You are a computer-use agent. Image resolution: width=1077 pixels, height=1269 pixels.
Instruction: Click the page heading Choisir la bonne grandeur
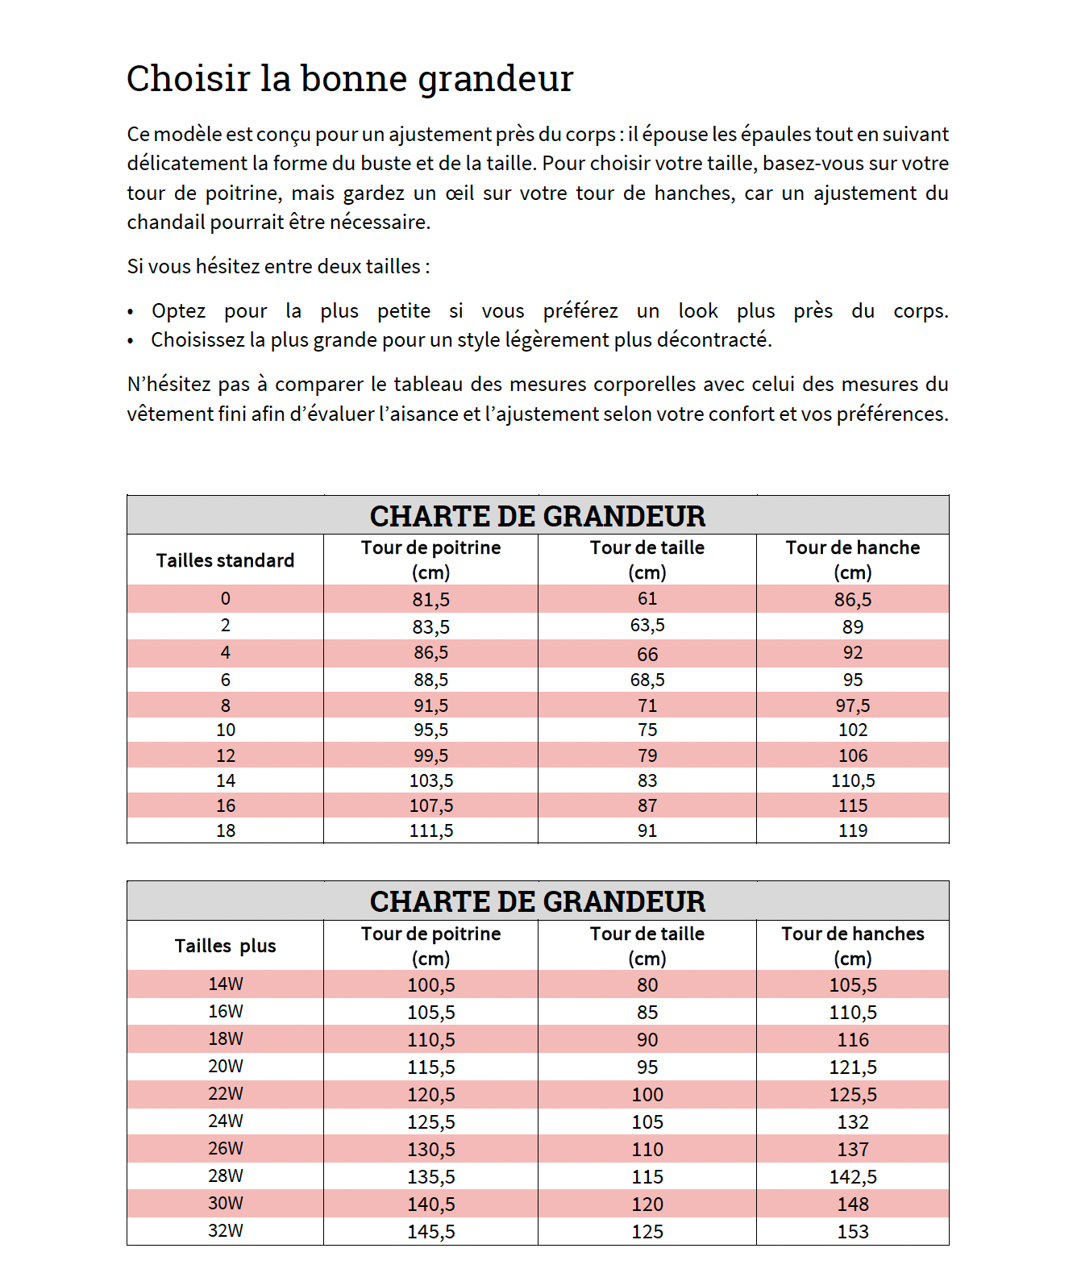(x=349, y=79)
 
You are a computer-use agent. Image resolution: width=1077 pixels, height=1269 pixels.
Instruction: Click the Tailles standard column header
(x=225, y=560)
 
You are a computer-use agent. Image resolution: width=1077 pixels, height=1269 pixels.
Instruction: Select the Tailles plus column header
(x=225, y=946)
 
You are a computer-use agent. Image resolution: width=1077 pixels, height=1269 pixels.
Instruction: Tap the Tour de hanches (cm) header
(x=852, y=945)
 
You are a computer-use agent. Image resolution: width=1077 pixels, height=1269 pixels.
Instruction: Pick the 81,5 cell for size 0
(x=430, y=600)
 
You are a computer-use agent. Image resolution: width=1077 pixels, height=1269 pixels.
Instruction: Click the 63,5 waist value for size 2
(x=647, y=626)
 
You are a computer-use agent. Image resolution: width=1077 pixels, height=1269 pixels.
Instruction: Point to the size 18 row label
(x=225, y=830)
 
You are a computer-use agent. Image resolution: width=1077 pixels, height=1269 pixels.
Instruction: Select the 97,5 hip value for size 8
(x=852, y=706)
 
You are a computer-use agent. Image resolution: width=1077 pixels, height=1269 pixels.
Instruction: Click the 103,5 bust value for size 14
(x=430, y=780)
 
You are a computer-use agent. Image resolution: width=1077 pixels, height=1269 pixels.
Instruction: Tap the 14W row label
(x=225, y=984)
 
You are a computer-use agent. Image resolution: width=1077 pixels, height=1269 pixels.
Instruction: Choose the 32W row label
(x=225, y=1230)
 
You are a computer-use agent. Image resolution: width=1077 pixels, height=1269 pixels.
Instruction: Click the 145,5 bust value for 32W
(x=430, y=1231)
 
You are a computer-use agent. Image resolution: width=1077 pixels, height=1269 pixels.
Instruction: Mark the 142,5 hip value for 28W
(x=852, y=1176)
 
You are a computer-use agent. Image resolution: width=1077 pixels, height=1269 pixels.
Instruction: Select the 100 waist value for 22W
(x=647, y=1094)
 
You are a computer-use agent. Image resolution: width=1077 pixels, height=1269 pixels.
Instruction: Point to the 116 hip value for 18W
(x=852, y=1039)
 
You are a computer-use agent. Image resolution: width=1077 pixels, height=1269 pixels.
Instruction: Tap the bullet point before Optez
(x=131, y=313)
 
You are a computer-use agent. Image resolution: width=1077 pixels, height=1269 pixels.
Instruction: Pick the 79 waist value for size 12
(x=647, y=755)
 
